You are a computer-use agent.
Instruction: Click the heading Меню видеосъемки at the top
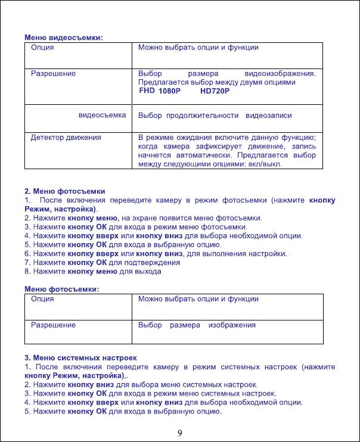(x=64, y=38)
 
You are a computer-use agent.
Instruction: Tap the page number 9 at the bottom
(x=179, y=432)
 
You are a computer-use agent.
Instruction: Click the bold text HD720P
(x=215, y=91)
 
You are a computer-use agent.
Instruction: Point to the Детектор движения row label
(x=66, y=138)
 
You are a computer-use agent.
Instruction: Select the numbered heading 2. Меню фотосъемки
(x=65, y=192)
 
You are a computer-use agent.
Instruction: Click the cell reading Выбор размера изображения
(x=197, y=325)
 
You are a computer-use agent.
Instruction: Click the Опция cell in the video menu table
(x=43, y=47)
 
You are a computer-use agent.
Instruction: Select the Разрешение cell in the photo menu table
(x=54, y=325)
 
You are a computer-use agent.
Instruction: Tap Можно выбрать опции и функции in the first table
(x=198, y=47)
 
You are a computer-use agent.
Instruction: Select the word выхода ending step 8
(x=149, y=272)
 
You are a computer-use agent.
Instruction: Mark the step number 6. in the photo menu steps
(x=28, y=253)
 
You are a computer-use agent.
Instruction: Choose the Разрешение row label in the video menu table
(x=54, y=74)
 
